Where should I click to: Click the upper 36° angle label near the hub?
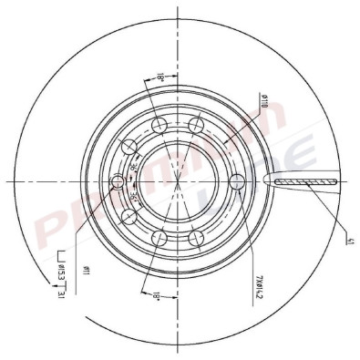pos(134,170)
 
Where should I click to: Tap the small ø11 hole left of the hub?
pos(117,182)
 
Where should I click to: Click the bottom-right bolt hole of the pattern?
pos(194,239)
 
